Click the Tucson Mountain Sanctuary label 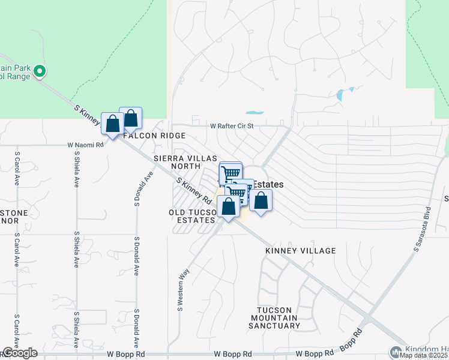275,321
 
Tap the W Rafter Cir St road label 232,126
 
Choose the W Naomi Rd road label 86,145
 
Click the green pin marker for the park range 40,72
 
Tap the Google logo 20,353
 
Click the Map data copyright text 423,355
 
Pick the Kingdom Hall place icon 396,352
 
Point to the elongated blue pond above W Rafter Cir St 255,112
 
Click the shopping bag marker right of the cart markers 261,200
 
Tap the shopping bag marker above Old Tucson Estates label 228,207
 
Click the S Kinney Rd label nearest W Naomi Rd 88,116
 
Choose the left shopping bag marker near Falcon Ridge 112,124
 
